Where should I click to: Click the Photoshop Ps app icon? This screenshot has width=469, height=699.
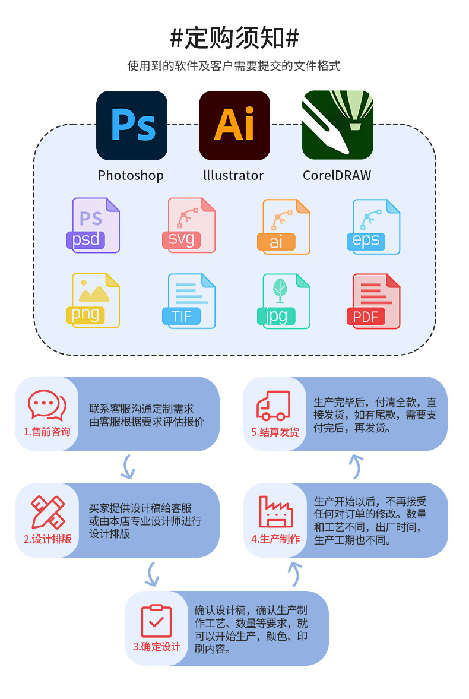pos(132,125)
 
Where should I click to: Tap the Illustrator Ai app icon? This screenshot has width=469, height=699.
pos(235,125)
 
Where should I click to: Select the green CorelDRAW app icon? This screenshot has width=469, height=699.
pos(337,125)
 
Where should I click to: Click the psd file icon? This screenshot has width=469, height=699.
pos(94,225)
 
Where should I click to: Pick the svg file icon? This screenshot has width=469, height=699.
pos(189,225)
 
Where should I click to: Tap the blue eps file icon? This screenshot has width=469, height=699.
pos(374,226)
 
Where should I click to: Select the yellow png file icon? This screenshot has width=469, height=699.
pos(94,300)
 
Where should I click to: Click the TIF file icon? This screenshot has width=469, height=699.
pos(189,301)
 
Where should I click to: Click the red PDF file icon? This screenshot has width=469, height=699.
pos(374,301)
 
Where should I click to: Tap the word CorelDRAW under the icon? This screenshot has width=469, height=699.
pos(337,175)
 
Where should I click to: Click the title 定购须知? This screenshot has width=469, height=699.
pos(235,38)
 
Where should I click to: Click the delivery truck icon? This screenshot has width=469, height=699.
pos(274,406)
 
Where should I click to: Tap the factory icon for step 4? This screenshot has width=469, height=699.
pos(275,511)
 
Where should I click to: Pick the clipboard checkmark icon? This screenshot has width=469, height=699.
pos(156,621)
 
